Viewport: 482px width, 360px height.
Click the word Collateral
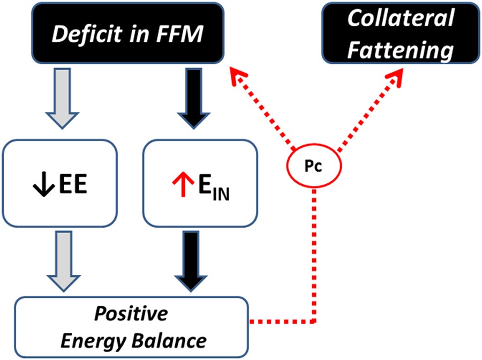tap(400, 19)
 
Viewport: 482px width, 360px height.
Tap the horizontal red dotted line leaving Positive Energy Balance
tap(281, 322)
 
